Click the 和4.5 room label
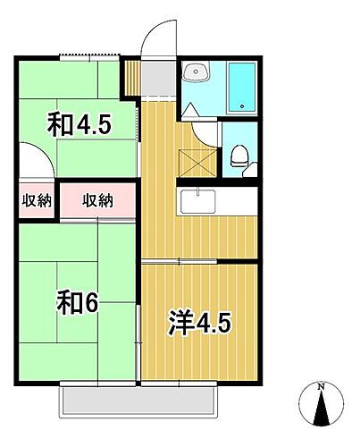click(80, 125)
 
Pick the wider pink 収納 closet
click(98, 201)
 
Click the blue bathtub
click(240, 89)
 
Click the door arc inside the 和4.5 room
click(36, 165)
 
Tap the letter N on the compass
click(322, 387)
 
